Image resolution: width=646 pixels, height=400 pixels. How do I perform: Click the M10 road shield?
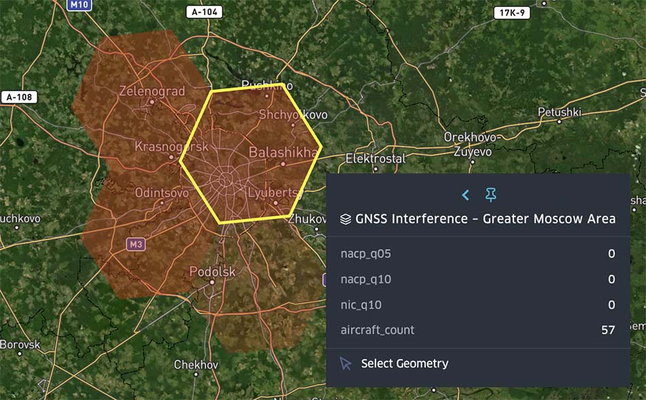tap(79, 5)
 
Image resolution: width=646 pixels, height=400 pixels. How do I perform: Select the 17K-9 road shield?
tap(513, 13)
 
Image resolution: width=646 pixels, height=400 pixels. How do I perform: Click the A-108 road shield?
tap(18, 97)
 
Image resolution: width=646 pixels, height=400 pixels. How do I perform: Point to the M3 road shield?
tap(136, 244)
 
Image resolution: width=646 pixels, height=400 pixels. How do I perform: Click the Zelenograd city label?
tap(152, 90)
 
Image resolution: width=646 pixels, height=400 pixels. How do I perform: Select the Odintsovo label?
tap(162, 193)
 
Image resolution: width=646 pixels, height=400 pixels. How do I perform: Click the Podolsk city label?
tap(212, 271)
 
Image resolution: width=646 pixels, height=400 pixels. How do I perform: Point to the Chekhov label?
tap(196, 365)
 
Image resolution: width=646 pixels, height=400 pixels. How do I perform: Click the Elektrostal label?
tap(375, 159)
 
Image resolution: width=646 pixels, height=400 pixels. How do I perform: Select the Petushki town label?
tap(559, 112)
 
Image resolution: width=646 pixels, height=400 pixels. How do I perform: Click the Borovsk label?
tap(20, 344)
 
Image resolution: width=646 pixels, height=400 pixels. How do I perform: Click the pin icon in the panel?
tap(490, 195)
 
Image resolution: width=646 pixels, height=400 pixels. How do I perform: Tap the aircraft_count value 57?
tap(608, 330)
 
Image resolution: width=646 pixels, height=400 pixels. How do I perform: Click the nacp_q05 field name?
tap(366, 254)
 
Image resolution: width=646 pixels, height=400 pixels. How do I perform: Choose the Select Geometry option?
tap(404, 363)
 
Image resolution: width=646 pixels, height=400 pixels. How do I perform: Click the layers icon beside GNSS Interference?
tap(345, 219)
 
